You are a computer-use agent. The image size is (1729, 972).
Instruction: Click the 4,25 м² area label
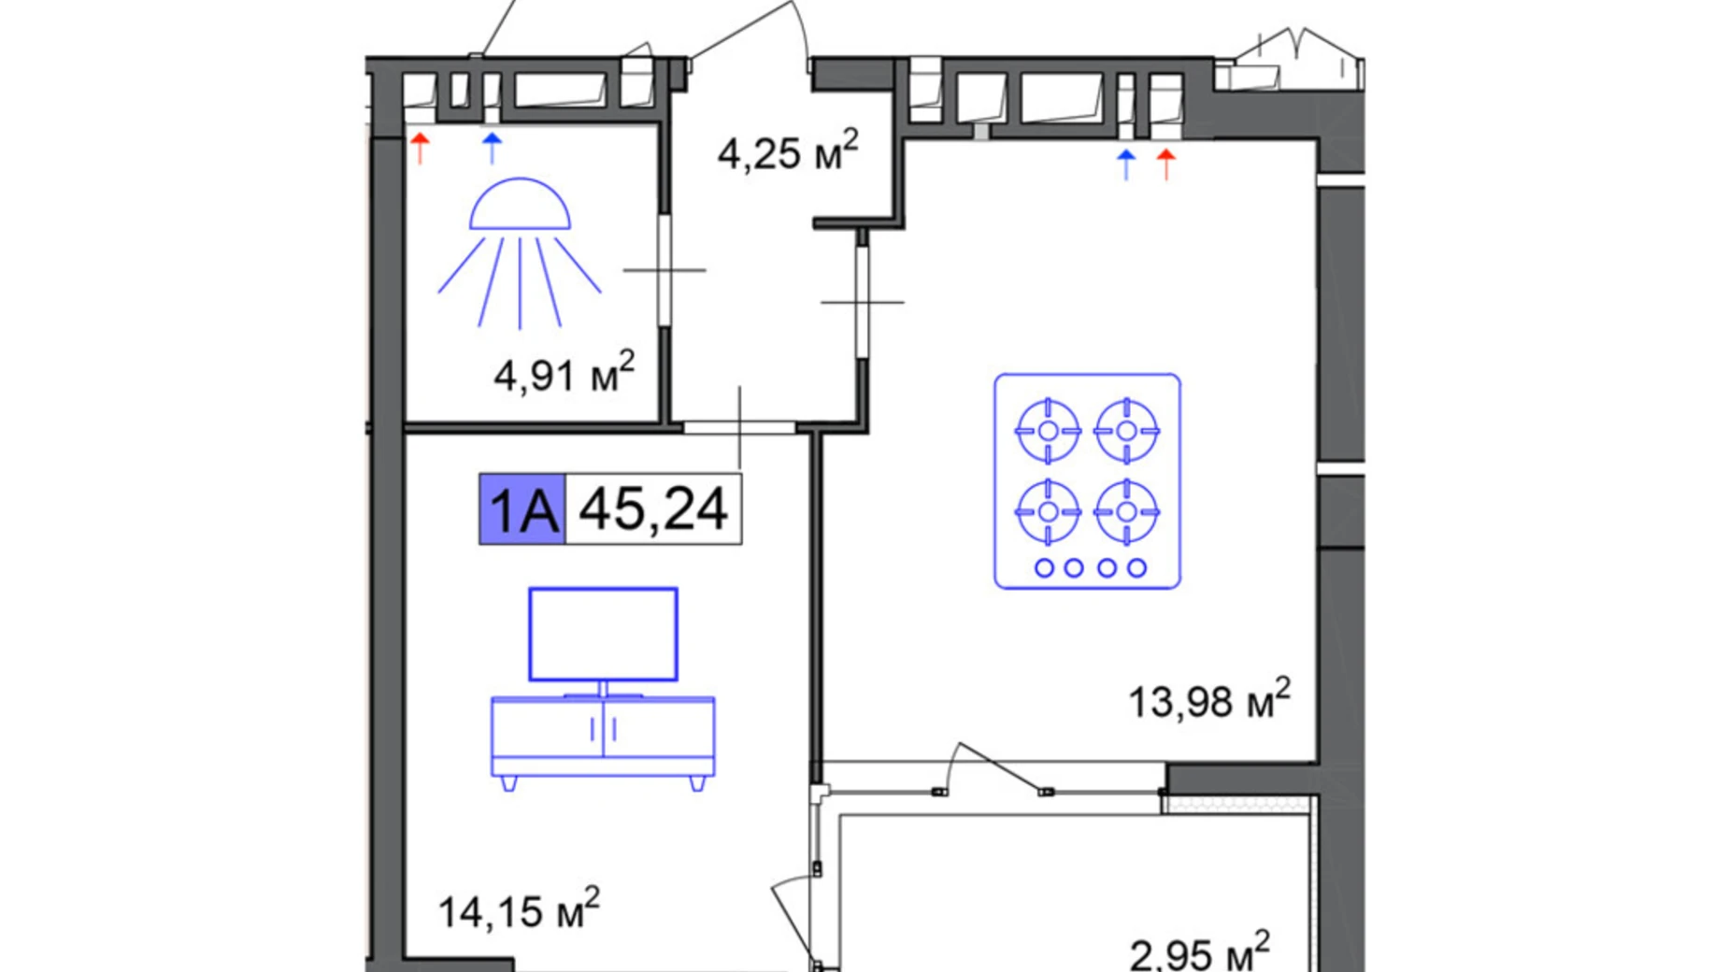[787, 150]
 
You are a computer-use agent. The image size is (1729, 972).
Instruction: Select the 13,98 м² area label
[1209, 699]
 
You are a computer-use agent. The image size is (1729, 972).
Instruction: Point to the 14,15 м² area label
[519, 908]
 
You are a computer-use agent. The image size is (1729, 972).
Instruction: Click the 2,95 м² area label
[1199, 951]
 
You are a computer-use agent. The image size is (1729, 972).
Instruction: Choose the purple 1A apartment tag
[522, 509]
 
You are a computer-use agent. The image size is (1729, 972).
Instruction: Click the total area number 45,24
[653, 509]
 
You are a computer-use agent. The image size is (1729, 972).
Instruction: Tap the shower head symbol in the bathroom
[520, 252]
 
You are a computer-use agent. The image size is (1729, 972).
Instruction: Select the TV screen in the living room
[603, 635]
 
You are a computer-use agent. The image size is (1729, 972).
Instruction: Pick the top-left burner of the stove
[1048, 431]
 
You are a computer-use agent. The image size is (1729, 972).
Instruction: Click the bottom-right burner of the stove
[1126, 511]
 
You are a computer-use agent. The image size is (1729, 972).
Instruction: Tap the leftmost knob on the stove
[1045, 567]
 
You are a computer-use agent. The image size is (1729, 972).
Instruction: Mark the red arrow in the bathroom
[420, 148]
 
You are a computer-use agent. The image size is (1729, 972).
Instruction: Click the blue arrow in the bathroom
[492, 148]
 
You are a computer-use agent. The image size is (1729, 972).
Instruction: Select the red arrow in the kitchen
[1165, 164]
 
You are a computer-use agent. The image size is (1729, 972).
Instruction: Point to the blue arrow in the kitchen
[1126, 164]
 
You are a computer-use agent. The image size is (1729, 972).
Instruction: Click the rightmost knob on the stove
[1136, 567]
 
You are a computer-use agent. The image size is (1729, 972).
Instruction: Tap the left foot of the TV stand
[508, 783]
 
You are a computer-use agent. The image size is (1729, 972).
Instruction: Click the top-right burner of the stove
[1126, 431]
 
